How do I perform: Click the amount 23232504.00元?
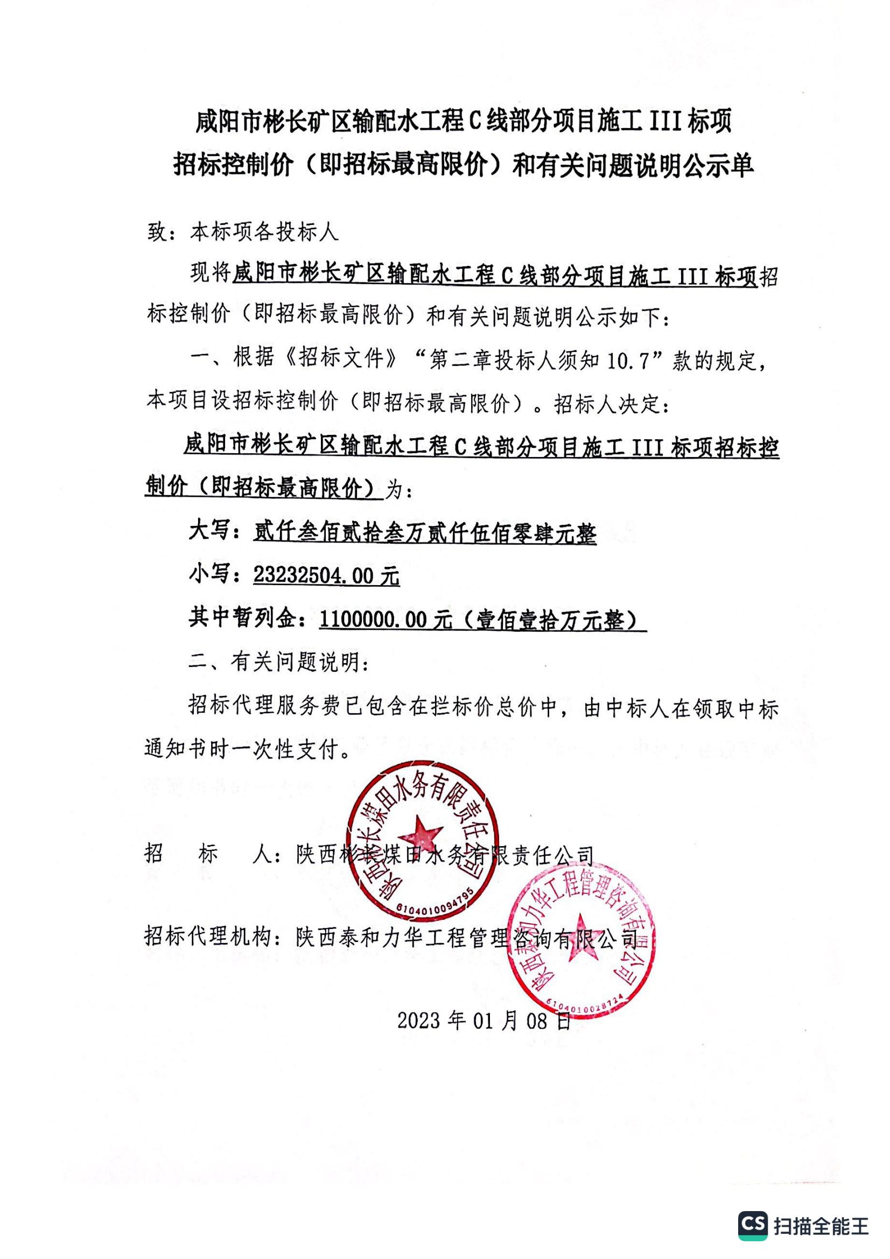click(326, 576)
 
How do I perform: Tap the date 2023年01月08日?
click(483, 1021)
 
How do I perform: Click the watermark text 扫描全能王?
click(821, 1226)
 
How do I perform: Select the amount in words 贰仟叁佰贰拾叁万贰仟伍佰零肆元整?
click(425, 532)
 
